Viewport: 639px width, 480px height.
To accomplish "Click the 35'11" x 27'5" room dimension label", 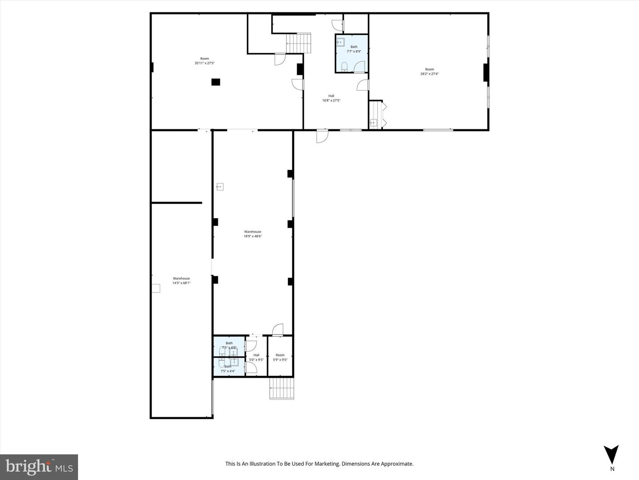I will point(205,63).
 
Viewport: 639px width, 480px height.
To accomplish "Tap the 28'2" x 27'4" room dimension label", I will point(430,74).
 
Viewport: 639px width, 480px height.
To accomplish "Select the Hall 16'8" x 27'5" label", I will point(331,98).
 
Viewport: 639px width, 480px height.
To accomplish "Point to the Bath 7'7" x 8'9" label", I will point(354,49).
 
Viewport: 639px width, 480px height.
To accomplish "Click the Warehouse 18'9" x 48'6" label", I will point(252,234).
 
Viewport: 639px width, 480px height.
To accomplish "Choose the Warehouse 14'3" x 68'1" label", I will point(181,280).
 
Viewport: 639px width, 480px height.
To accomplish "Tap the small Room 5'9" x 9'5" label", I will point(280,357).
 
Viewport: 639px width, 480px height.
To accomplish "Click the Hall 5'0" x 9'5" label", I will point(256,357).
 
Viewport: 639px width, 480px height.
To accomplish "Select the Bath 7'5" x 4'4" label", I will point(228,369).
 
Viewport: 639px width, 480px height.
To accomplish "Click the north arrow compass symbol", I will point(611,455).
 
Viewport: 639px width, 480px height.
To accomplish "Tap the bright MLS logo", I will point(39,467).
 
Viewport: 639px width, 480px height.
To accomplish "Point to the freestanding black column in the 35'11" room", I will point(216,82).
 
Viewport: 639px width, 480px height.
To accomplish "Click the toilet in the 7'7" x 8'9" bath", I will point(345,67).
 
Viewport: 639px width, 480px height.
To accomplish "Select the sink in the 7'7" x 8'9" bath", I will point(340,42).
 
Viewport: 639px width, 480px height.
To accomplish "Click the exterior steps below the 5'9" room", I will point(282,388).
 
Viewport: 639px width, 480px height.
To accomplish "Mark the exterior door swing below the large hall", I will point(322,136).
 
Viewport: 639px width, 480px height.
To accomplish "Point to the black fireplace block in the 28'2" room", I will point(486,72).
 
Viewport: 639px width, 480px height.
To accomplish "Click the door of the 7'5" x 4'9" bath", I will point(251,346).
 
